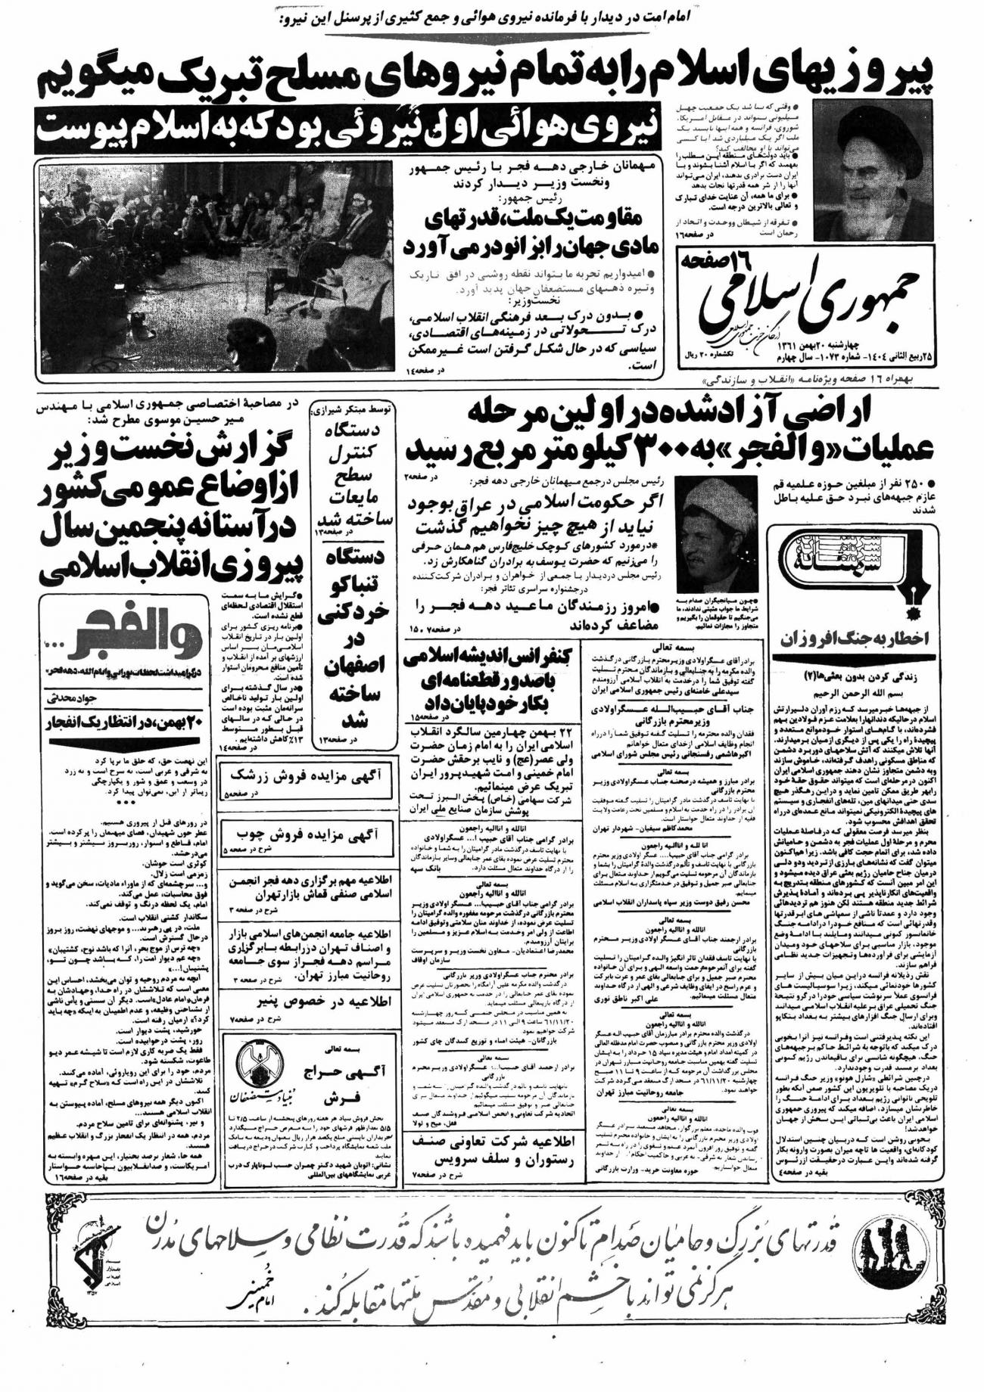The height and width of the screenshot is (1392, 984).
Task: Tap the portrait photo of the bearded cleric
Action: click(870, 170)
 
